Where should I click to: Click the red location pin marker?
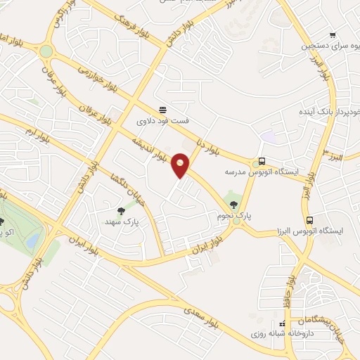(x=181, y=165)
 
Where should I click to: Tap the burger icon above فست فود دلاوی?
(x=162, y=109)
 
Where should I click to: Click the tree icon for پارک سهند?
(x=120, y=210)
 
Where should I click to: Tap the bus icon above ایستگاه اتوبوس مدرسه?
(x=262, y=160)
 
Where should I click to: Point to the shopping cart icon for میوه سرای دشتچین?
(x=333, y=34)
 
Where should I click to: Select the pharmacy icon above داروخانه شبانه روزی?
(x=282, y=323)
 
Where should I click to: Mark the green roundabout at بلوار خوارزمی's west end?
(x=46, y=51)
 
